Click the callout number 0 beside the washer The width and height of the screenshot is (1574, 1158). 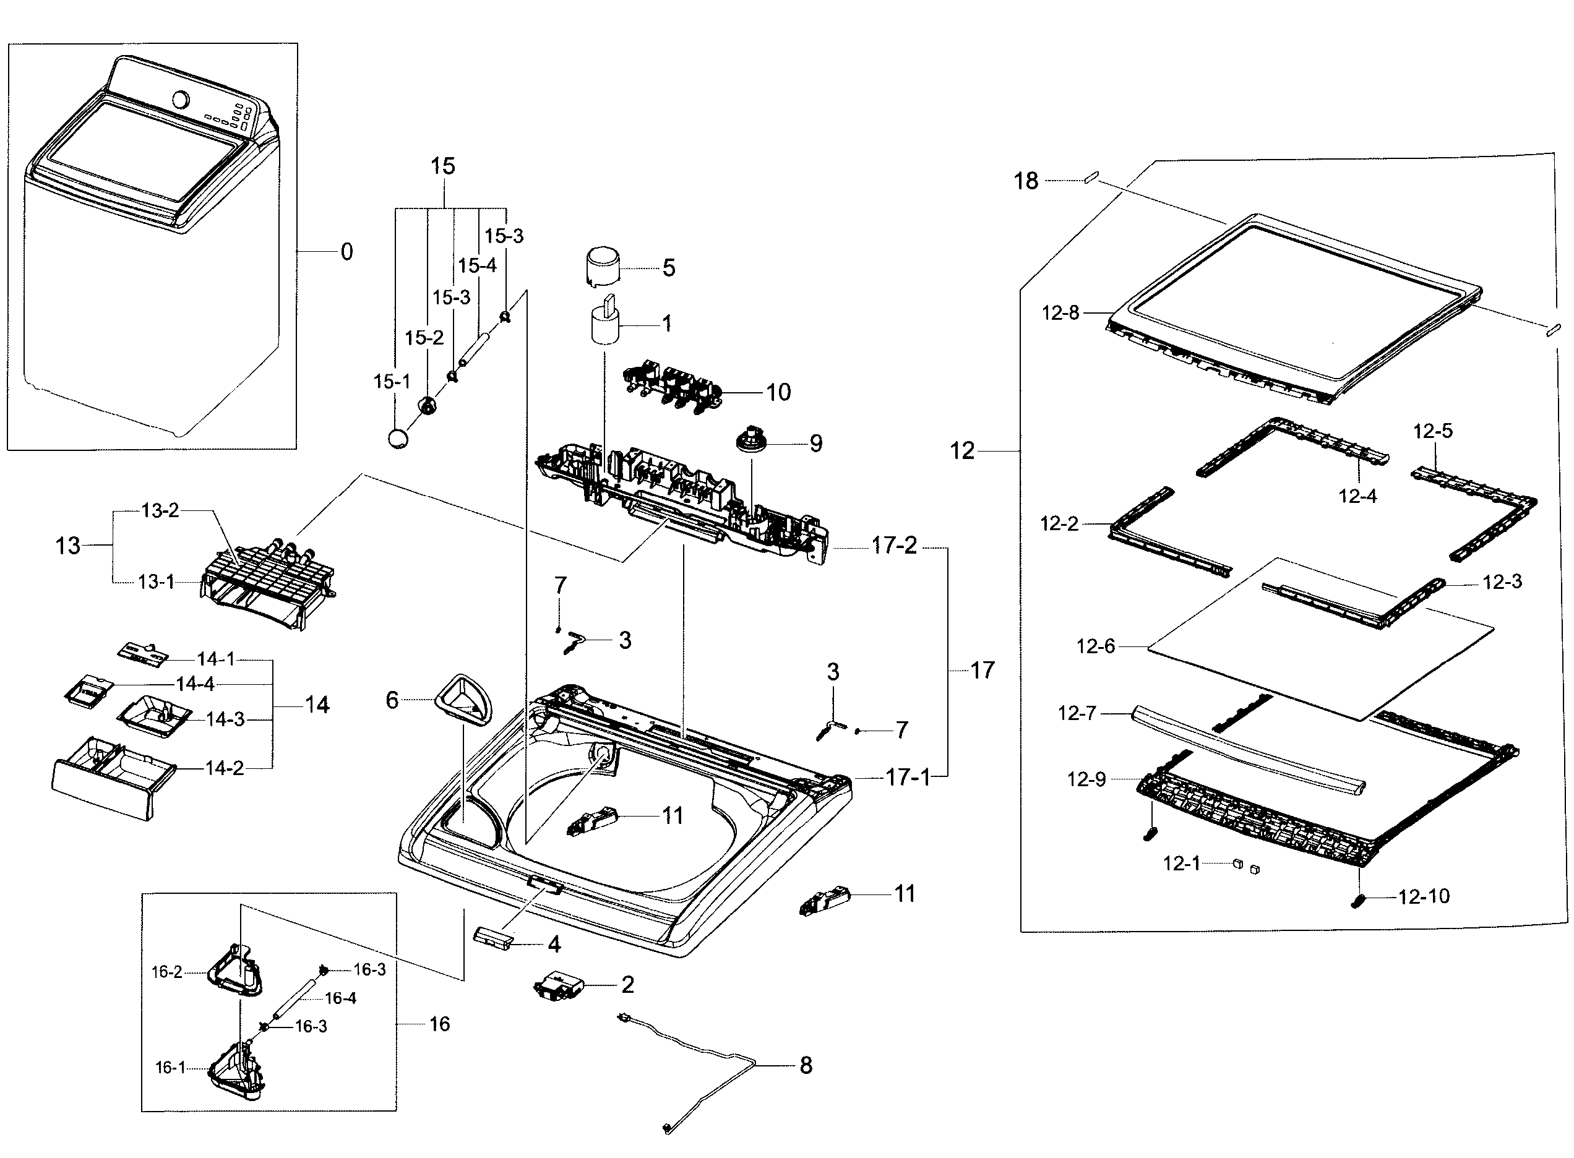click(346, 252)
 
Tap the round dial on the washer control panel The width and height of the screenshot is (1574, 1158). click(180, 100)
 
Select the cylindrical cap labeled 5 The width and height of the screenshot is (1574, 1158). click(603, 265)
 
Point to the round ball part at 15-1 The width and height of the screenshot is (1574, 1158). click(398, 439)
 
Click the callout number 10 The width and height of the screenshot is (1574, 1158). click(778, 392)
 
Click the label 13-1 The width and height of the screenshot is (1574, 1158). click(156, 582)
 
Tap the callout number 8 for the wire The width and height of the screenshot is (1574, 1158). click(806, 1065)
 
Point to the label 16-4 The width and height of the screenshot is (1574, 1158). click(340, 998)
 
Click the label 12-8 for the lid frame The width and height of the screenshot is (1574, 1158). click(1060, 312)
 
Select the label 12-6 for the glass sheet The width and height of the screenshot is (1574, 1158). click(1095, 646)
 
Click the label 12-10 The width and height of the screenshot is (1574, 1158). click(1423, 896)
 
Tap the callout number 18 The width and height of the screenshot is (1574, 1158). click(1026, 181)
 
